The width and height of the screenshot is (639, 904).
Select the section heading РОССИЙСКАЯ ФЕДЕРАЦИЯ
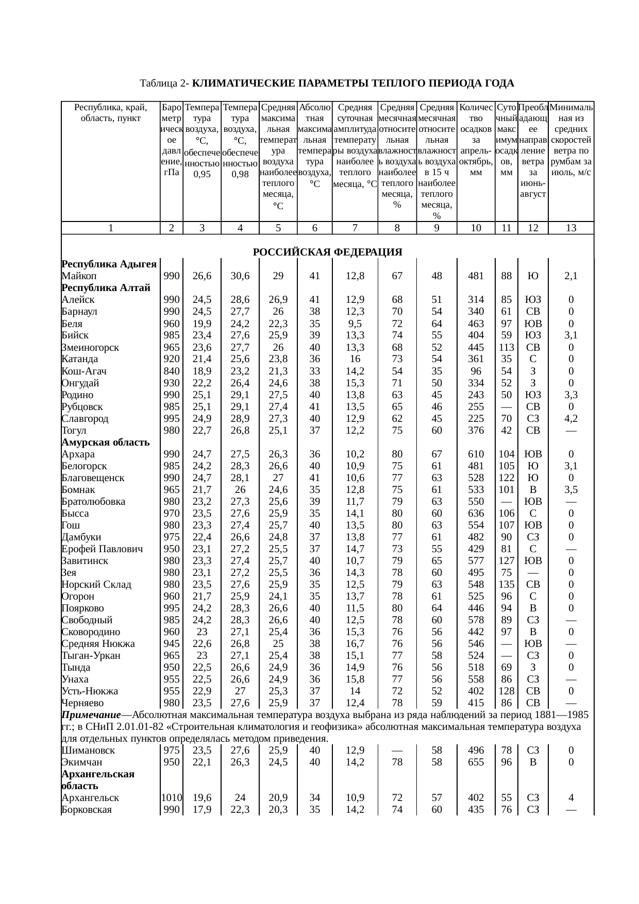coord(327,252)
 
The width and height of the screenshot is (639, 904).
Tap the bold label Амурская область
coord(106,442)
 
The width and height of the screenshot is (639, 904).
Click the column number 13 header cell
coord(570,228)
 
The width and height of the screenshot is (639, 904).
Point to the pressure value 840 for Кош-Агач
coord(171,371)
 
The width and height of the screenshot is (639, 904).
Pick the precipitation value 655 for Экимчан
coord(476,762)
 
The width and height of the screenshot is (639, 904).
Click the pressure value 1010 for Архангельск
coord(171,798)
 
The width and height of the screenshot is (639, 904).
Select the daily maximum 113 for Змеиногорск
coord(506,347)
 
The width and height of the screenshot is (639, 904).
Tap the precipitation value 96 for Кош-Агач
coord(476,371)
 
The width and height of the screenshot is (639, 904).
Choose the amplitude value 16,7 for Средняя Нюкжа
coord(355,643)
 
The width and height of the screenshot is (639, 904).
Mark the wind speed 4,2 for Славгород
coord(570,418)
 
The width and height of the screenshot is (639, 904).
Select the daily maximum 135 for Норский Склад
coord(506,584)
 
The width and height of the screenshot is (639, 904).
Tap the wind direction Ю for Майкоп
coord(533,276)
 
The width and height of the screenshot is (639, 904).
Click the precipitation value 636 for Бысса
coord(476,513)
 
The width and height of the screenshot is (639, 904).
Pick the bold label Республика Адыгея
coord(109,264)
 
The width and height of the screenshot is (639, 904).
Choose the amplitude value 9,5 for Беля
coord(355,324)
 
